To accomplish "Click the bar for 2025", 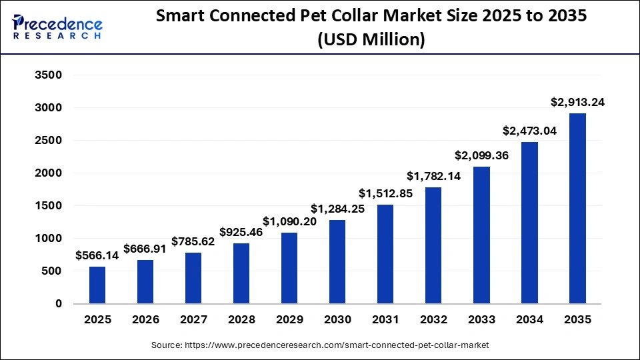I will pyautogui.click(x=97, y=285).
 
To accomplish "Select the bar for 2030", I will pyautogui.click(x=337, y=261).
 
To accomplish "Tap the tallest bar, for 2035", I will pyautogui.click(x=577, y=208).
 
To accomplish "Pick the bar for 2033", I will pyautogui.click(x=481, y=235).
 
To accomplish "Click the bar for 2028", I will pyautogui.click(x=241, y=273).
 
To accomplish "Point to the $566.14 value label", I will pyautogui.click(x=97, y=255).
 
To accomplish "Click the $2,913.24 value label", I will pyautogui.click(x=577, y=102).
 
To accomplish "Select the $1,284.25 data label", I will pyautogui.click(x=337, y=209).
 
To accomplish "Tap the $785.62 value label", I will pyautogui.click(x=193, y=241).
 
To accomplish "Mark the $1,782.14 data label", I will pyautogui.click(x=433, y=176).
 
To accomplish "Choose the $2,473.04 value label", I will pyautogui.click(x=529, y=131).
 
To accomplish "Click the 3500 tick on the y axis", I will pyautogui.click(x=48, y=75).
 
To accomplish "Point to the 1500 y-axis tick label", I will pyautogui.click(x=48, y=206).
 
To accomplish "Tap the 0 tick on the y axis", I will pyautogui.click(x=59, y=304).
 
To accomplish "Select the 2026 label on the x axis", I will pyautogui.click(x=145, y=320).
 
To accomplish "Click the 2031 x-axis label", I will pyautogui.click(x=385, y=320).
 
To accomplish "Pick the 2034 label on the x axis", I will pyautogui.click(x=529, y=320).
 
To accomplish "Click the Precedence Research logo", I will pyautogui.click(x=57, y=27).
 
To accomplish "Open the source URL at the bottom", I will pyautogui.click(x=320, y=345).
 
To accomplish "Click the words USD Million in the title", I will pyautogui.click(x=372, y=40).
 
